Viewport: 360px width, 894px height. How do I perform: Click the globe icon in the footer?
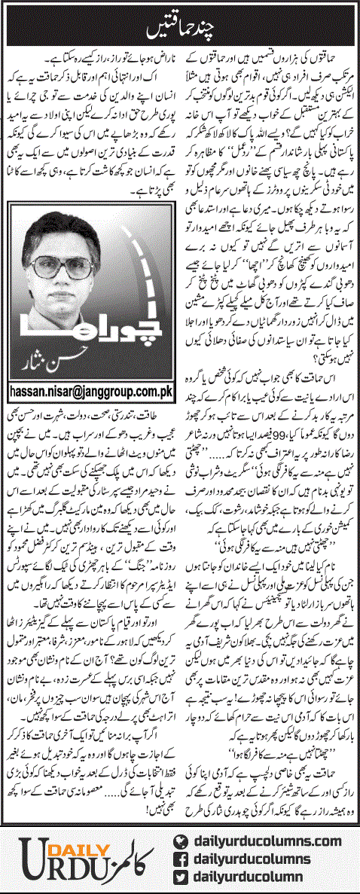(181, 841)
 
